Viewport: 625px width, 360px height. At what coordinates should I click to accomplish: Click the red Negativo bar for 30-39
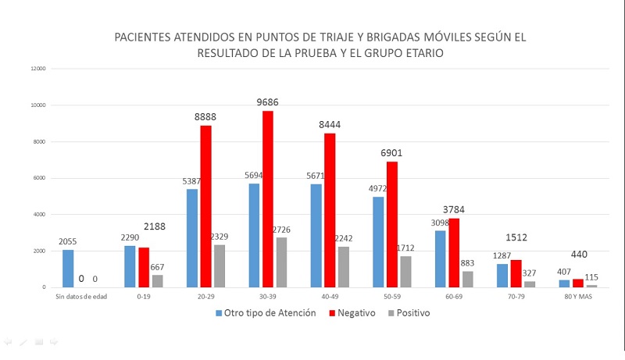268,199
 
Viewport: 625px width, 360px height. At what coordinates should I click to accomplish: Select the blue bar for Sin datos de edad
69,269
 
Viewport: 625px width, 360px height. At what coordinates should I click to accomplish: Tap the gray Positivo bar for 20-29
219,266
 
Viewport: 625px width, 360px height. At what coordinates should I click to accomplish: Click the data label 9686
268,102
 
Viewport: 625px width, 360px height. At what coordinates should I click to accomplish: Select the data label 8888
205,117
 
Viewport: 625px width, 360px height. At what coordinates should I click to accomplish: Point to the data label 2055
69,242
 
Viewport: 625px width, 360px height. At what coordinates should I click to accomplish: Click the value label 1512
516,237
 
